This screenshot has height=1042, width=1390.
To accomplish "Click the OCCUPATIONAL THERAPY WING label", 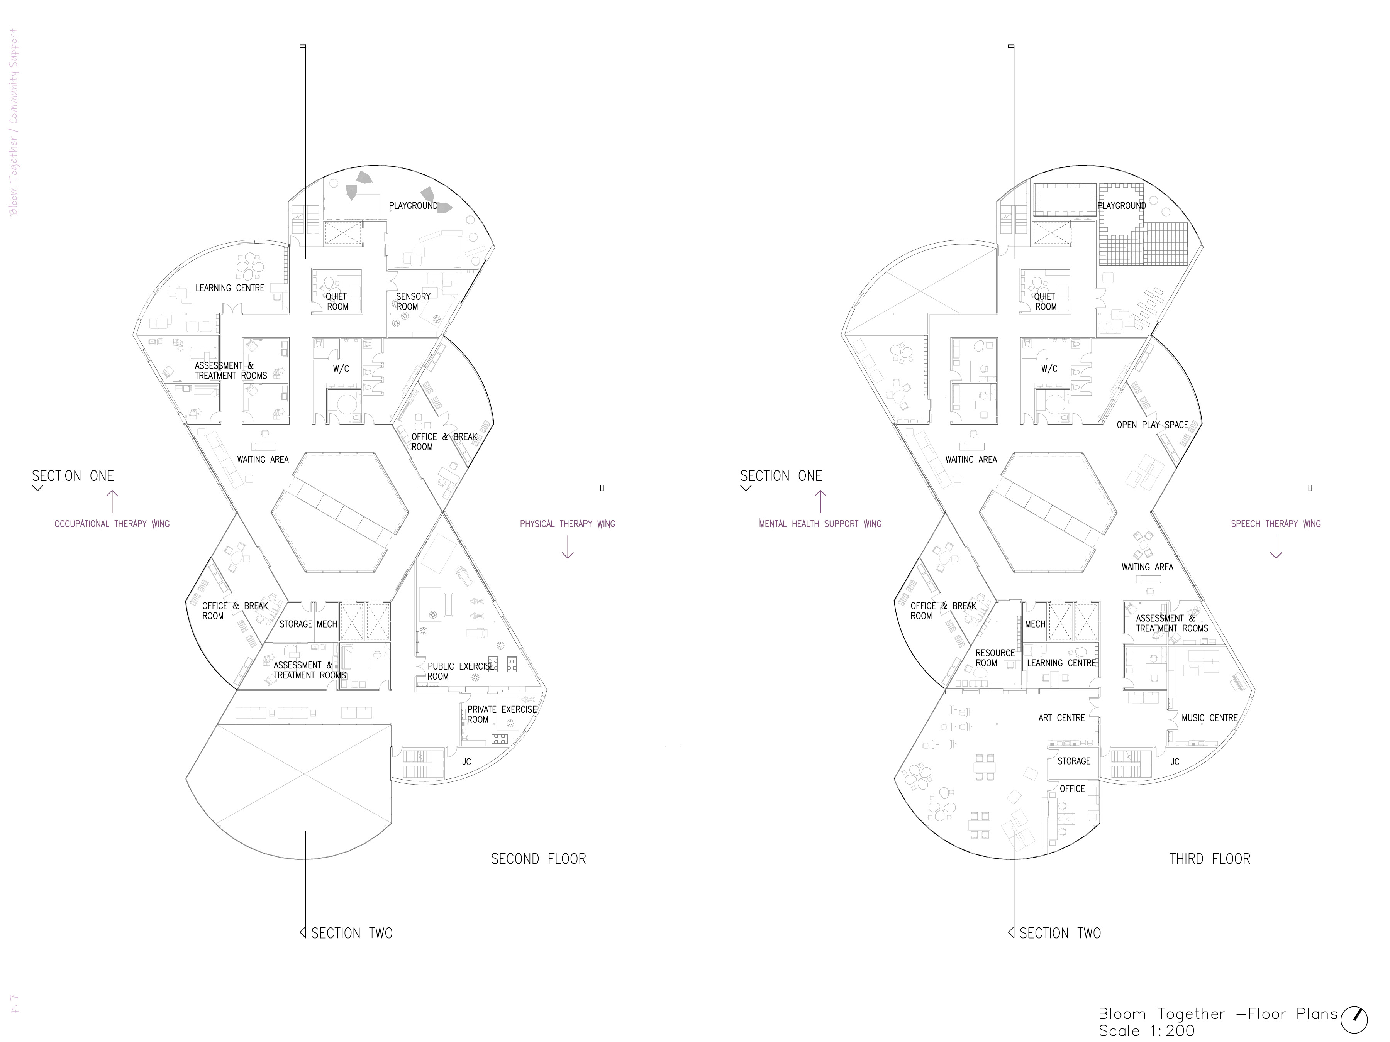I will click(112, 524).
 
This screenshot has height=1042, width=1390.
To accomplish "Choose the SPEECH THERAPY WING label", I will click(1276, 524).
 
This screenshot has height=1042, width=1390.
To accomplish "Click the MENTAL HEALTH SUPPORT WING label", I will click(820, 524).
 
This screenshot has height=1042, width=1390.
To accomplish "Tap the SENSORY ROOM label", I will click(412, 301).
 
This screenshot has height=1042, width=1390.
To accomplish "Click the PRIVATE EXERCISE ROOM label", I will click(502, 714).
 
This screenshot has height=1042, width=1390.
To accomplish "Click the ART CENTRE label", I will click(1061, 718).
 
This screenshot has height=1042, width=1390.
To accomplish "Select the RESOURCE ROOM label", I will click(995, 658).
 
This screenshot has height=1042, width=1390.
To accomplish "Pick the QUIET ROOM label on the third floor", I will click(1045, 301).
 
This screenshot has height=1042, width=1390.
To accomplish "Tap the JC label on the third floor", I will click(1175, 762).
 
